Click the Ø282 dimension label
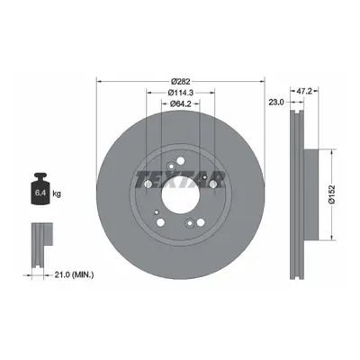pos(181,81)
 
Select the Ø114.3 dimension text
pos(181,93)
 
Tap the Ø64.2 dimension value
pos(181,103)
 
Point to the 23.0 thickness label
pos(276,103)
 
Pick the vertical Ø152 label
pos(332,195)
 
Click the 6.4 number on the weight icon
pos(40,193)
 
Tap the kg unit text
pos(57,193)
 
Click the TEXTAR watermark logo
pos(181,180)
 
